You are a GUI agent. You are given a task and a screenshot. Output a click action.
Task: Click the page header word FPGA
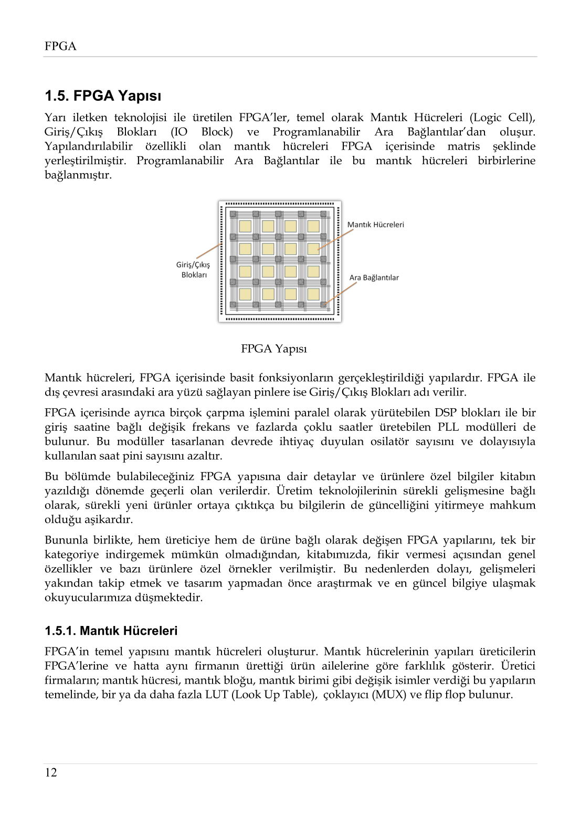pos(60,46)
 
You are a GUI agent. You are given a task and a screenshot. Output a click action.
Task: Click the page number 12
pos(51,772)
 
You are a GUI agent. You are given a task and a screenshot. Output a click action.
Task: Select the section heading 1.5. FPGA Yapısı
pos(103,96)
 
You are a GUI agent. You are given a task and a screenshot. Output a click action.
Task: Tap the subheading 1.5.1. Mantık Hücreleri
pos(111,631)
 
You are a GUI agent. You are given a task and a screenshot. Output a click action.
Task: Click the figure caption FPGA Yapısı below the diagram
pos(273,349)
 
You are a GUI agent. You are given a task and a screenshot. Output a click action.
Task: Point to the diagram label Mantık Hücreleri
pos(375,225)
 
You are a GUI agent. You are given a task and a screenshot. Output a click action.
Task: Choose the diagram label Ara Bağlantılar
pos(374,278)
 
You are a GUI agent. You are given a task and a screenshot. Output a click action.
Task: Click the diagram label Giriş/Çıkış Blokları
pos(193,270)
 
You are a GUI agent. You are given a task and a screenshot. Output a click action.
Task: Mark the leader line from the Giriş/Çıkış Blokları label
pos(208,251)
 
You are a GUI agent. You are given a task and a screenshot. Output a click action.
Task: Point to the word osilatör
pos(389,441)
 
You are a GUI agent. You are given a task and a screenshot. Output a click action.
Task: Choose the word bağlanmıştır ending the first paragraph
pos(78,175)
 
